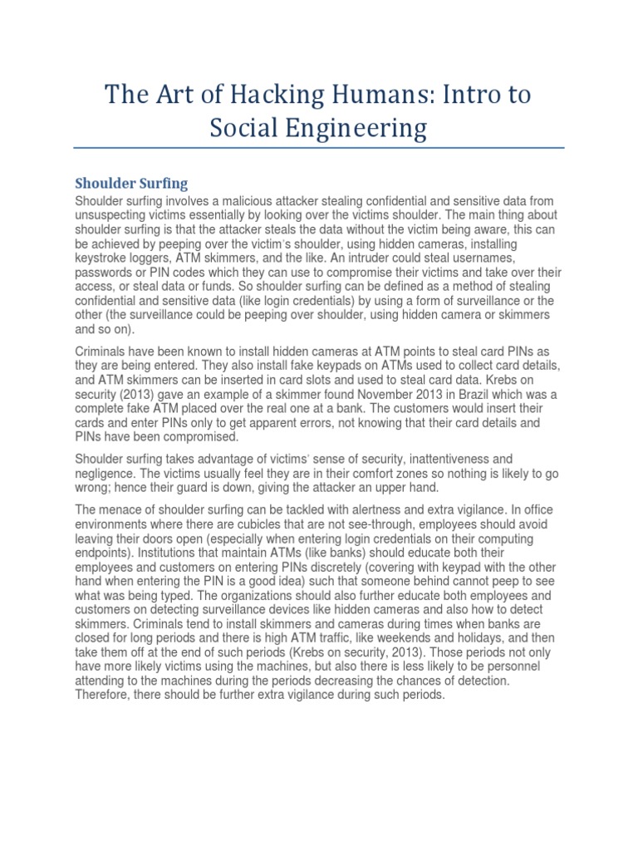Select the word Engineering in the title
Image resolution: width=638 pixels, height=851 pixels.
point(362,129)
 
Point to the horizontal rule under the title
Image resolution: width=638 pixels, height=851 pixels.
point(319,149)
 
